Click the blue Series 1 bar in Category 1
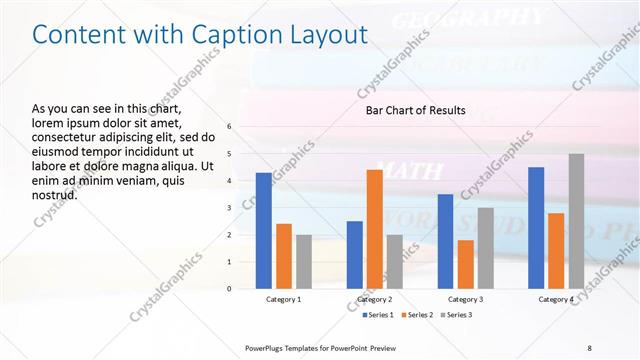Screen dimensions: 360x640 pyautogui.click(x=264, y=231)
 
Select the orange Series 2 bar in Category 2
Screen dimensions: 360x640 pyautogui.click(x=375, y=229)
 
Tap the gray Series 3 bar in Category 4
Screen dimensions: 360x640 pyautogui.click(x=576, y=221)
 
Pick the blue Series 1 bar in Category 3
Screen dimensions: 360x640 pyautogui.click(x=446, y=241)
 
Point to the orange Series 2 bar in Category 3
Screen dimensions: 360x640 pyautogui.click(x=466, y=264)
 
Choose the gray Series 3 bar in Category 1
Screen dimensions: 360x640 pyautogui.click(x=304, y=261)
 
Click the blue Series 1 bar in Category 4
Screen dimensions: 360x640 pyautogui.click(x=536, y=228)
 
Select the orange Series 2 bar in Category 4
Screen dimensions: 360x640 pyautogui.click(x=556, y=251)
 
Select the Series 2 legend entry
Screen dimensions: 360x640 pyautogui.click(x=415, y=315)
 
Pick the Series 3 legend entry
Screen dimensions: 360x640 pyautogui.click(x=459, y=315)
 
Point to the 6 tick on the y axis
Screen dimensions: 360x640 pyautogui.click(x=229, y=127)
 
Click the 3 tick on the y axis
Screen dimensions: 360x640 pyautogui.click(x=229, y=208)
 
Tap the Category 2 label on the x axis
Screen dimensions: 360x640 pyautogui.click(x=375, y=299)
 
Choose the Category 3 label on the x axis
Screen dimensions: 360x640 pyautogui.click(x=466, y=299)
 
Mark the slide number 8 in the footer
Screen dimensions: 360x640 pyautogui.click(x=590, y=347)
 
